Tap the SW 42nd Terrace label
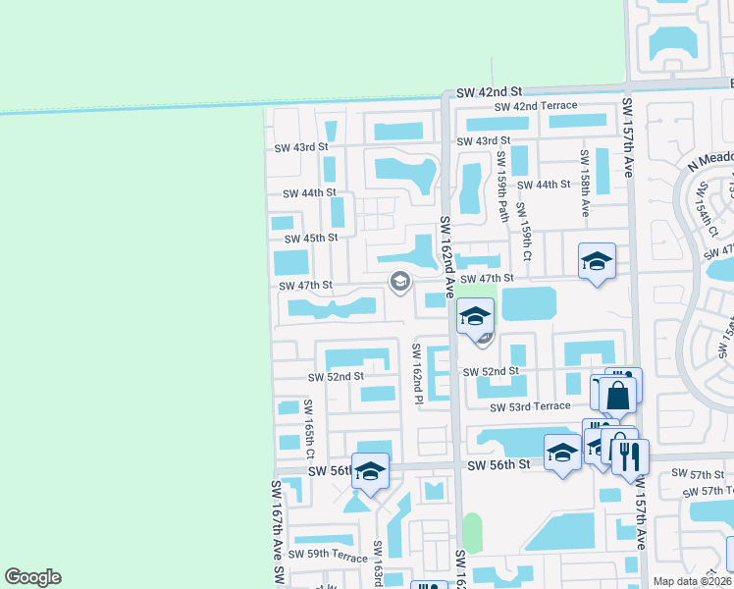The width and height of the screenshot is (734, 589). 535,107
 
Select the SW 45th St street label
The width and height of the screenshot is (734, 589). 310,239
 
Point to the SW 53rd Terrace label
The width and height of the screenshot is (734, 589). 530,406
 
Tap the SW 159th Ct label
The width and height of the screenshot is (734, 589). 526,232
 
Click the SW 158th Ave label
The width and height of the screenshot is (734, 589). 584,177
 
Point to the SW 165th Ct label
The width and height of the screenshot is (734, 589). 308,430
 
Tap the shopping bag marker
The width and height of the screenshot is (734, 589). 619,395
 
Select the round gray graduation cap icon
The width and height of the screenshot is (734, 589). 399,283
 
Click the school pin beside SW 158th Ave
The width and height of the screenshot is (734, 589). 597,261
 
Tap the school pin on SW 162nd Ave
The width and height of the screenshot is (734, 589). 475,316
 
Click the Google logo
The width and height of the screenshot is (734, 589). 33,577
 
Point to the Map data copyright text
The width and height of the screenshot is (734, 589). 692,581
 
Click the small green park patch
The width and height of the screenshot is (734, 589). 473,532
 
